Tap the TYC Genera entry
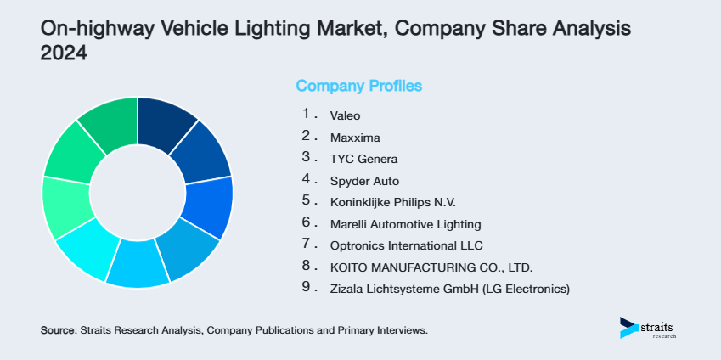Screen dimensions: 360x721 pos(363,158)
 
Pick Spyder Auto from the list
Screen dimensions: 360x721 pos(364,180)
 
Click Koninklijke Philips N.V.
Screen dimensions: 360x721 pos(393,202)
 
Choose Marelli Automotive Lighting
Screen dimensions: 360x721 pos(406,224)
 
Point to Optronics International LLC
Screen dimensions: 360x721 pos(406,246)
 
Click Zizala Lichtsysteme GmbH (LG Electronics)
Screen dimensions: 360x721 pos(450,290)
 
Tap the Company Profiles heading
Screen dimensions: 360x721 pos(358,86)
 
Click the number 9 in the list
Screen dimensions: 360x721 pos(306,289)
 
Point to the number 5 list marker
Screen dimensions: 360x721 pos(306,201)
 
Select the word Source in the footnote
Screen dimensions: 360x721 pos(58,329)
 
